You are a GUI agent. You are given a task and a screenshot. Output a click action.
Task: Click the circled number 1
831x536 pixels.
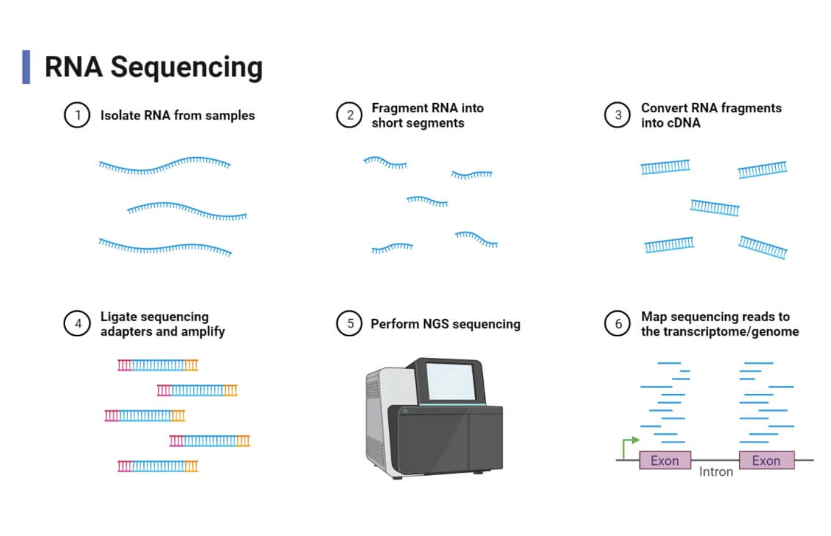pos(78,115)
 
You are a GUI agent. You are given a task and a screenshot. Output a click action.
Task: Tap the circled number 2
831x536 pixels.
pos(349,115)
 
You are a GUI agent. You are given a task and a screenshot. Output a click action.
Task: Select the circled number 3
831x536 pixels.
pos(618,115)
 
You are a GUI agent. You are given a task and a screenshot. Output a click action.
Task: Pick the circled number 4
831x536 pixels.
pos(78,324)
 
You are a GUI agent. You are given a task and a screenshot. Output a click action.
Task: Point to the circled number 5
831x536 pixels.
pos(349,324)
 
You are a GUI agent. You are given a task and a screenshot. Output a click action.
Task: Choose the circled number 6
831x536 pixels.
pos(618,324)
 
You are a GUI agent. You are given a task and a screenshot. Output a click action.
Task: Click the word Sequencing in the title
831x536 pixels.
pos(186,67)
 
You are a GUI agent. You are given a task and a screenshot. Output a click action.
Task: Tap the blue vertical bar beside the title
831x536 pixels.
pos(26,66)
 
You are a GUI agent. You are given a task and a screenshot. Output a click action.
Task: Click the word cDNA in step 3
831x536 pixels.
pos(670,123)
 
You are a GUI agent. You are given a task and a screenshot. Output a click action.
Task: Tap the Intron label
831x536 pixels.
pos(716,472)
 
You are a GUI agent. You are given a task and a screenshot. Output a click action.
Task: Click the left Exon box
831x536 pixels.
pos(664,460)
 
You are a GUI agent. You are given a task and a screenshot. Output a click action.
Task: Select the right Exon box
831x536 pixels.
pos(766,460)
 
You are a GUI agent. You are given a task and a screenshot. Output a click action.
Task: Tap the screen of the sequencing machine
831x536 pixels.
pos(450,381)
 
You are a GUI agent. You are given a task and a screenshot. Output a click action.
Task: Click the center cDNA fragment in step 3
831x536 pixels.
pos(714,207)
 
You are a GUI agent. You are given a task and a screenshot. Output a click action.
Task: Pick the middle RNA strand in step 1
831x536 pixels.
pos(187,211)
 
